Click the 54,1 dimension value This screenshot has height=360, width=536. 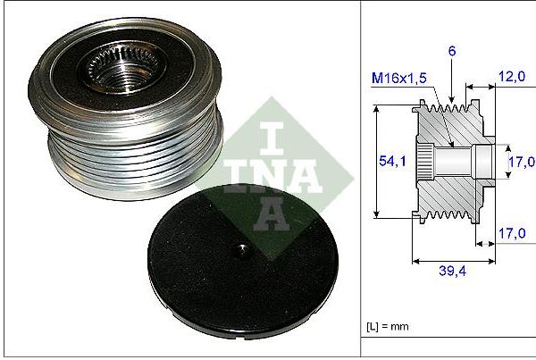392,161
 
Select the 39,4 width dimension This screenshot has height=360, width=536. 452,271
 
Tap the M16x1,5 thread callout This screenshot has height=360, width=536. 399,79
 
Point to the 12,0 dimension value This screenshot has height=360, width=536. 512,77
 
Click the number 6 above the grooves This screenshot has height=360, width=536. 452,51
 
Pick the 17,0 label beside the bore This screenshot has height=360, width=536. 522,162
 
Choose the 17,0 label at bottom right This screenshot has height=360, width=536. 512,233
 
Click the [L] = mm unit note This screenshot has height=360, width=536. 388,326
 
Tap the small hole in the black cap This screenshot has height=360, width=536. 242,251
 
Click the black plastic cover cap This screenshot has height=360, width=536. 243,262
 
